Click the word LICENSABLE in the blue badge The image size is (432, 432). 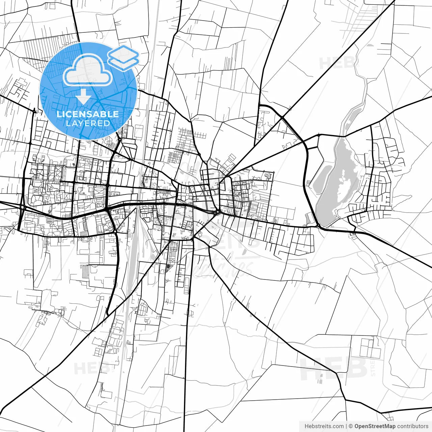[x=88, y=114]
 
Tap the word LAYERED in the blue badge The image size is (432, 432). [x=88, y=123]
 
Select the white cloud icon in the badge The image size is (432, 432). [x=88, y=70]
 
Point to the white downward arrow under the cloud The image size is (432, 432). [x=83, y=97]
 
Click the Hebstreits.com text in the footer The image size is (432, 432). [x=324, y=426]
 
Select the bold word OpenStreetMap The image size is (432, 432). [x=375, y=426]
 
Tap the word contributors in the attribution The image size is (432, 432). [x=412, y=426]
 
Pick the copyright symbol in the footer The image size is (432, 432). [x=351, y=426]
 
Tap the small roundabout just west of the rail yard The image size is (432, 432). [x=115, y=232]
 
